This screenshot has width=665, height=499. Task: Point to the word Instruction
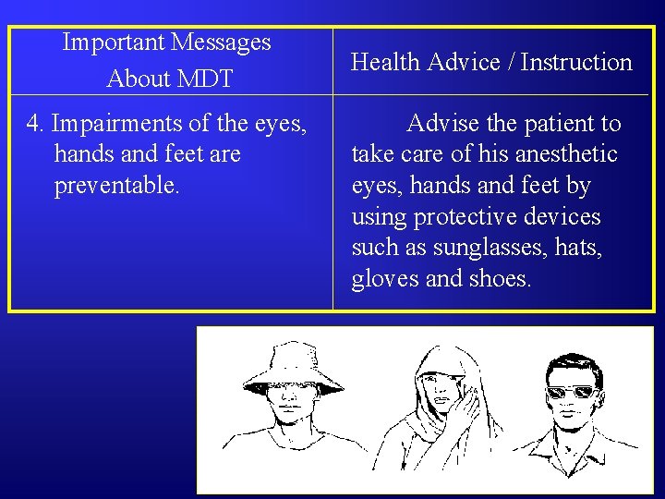[x=576, y=63]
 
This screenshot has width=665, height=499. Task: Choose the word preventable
[x=117, y=186]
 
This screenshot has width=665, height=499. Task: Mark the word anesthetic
[x=563, y=154]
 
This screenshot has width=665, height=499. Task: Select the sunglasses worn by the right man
[x=570, y=391]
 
